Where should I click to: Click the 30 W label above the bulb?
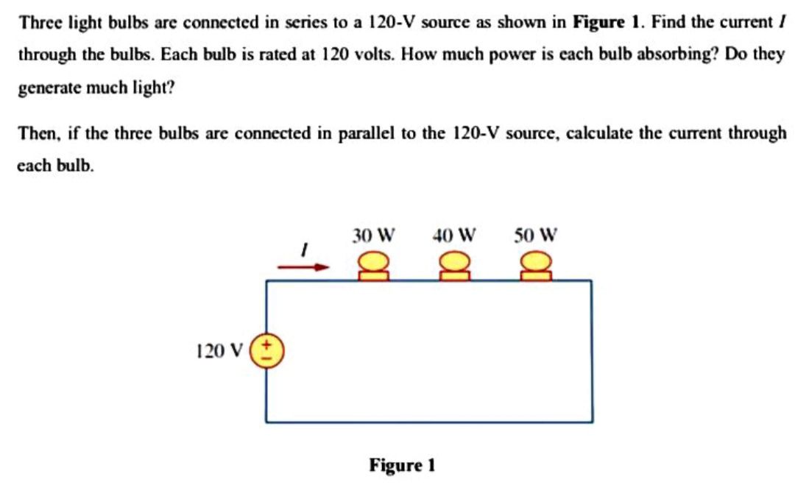373,236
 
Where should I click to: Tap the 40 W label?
454,236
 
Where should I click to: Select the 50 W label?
535,236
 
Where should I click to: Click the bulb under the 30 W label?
374,266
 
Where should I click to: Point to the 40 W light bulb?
454,266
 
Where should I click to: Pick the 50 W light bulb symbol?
535,266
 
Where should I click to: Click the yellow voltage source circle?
266,350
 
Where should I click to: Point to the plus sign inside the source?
267,344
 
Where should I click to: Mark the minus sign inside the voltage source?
267,358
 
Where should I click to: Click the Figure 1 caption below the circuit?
403,465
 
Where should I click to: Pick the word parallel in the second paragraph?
363,134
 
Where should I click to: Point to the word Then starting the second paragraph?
35,134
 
